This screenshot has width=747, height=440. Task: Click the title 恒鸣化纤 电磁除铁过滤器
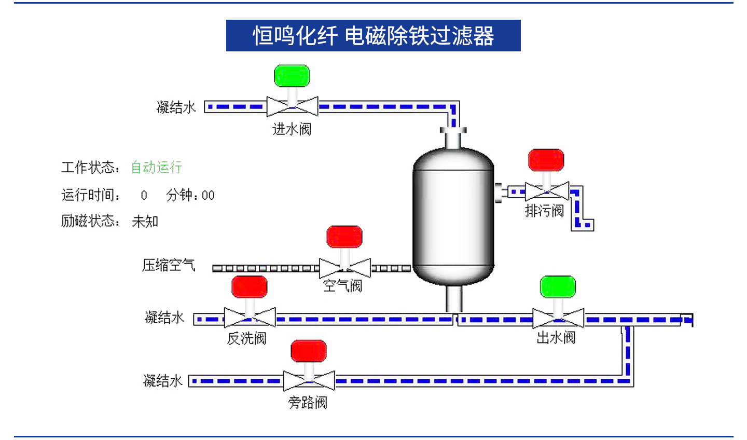tap(373, 36)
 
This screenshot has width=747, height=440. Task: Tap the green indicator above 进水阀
tap(292, 76)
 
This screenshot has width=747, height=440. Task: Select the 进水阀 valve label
tap(292, 129)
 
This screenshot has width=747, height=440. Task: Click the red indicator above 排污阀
tap(546, 160)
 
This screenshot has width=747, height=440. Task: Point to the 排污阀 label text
tap(544, 211)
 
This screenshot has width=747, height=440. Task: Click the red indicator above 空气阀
tap(344, 237)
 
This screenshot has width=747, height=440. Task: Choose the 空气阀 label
tap(342, 286)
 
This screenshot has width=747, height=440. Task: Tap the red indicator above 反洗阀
tap(250, 287)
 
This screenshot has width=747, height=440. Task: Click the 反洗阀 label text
tap(247, 339)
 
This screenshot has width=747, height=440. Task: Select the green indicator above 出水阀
tap(558, 287)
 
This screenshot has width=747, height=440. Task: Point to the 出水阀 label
tap(556, 338)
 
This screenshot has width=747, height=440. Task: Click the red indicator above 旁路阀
tap(309, 351)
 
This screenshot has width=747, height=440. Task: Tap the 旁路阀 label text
tap(308, 403)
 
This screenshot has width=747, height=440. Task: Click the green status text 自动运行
tap(156, 168)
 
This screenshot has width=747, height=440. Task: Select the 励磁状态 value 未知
tap(145, 222)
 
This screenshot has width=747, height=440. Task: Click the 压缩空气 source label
tap(169, 265)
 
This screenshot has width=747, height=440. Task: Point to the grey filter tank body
tap(453, 218)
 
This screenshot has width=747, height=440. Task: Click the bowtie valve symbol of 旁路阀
tap(309, 381)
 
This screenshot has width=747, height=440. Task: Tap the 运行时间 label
tap(90, 195)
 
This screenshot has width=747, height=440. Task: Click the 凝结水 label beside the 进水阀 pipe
tap(176, 107)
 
